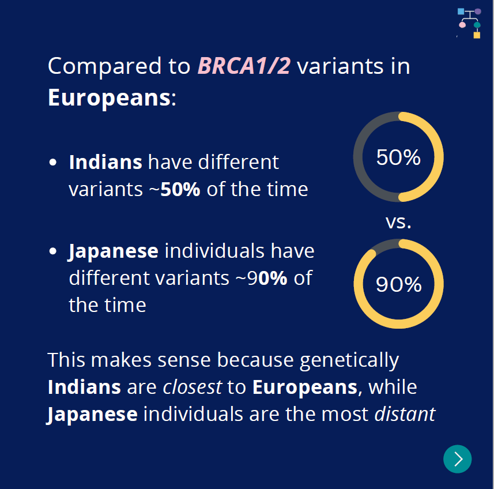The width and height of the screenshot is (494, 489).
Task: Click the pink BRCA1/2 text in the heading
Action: [244, 66]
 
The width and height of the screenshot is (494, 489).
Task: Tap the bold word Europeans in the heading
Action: [109, 98]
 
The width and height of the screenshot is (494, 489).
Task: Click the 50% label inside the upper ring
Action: [398, 157]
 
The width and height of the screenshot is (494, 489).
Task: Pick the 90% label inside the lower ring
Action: [398, 284]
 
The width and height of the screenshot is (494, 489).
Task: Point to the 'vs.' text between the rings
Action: [398, 222]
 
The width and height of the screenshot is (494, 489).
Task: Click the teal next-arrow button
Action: [457, 459]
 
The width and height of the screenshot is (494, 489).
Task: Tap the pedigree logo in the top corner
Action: [469, 23]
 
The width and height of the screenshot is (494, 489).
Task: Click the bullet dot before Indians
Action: [53, 163]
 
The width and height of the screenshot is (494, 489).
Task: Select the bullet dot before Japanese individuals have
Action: [53, 251]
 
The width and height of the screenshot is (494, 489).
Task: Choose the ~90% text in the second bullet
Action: [262, 278]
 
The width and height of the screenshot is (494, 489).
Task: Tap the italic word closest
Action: [193, 387]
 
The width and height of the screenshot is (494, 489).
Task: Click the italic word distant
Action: [405, 414]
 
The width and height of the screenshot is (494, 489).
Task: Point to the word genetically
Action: [349, 361]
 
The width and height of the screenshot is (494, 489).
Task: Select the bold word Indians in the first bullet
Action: [105, 162]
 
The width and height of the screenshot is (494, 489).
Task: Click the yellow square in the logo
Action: [477, 35]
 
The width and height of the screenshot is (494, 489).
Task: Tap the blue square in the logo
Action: [461, 12]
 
